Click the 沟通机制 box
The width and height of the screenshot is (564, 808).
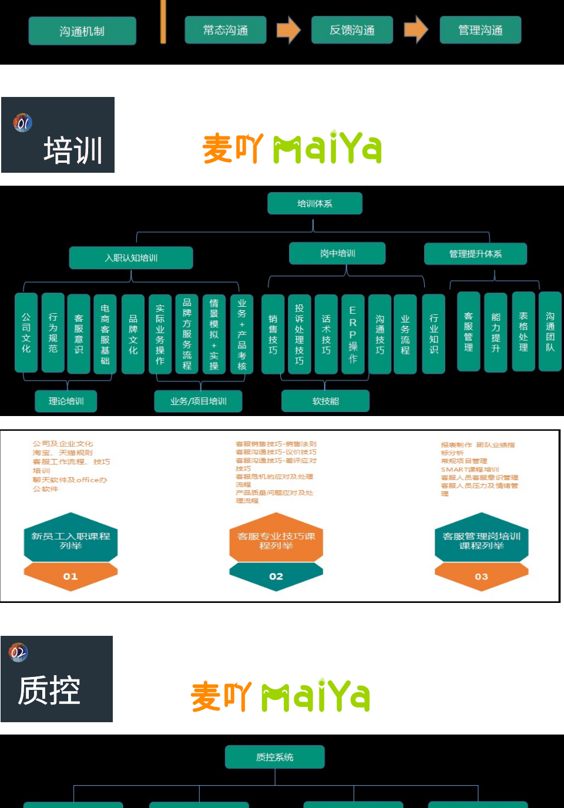pyautogui.click(x=82, y=31)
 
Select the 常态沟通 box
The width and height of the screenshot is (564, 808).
pyautogui.click(x=226, y=30)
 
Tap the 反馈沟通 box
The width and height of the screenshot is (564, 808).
pyautogui.click(x=352, y=30)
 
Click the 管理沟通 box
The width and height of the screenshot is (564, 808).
pyautogui.click(x=480, y=30)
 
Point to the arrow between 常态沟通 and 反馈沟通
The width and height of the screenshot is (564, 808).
pyautogui.click(x=288, y=29)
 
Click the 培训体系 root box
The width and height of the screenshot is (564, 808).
pyautogui.click(x=315, y=203)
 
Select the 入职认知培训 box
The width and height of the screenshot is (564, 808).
pyautogui.click(x=131, y=257)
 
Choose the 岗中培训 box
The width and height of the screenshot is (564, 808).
pyautogui.click(x=337, y=253)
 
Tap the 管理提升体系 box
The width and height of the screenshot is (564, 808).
pyautogui.click(x=475, y=254)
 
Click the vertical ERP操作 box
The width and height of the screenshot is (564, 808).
pyautogui.click(x=352, y=334)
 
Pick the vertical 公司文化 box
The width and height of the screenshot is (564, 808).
pyautogui.click(x=26, y=333)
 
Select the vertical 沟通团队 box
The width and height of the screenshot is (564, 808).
pyautogui.click(x=550, y=331)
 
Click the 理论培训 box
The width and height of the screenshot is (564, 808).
pyautogui.click(x=66, y=401)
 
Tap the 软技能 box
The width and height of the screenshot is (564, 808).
pyautogui.click(x=325, y=401)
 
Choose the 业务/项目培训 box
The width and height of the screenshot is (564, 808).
pyautogui.click(x=198, y=401)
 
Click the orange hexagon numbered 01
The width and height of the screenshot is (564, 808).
pyautogui.click(x=70, y=576)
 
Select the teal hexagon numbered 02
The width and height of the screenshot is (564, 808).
pyautogui.click(x=276, y=576)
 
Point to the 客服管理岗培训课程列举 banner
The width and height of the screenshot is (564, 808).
pyautogui.click(x=481, y=541)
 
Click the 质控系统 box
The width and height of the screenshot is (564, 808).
pyautogui.click(x=274, y=757)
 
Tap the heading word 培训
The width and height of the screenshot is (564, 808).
pyautogui.click(x=73, y=150)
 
